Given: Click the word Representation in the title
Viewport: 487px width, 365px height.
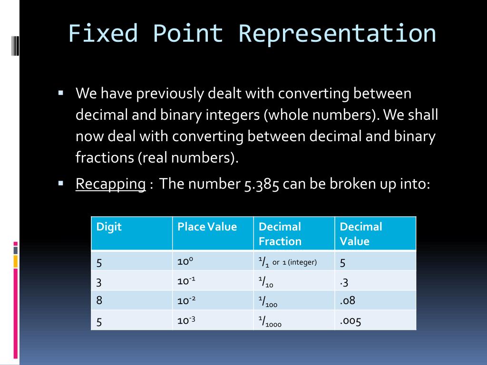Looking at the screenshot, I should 337,34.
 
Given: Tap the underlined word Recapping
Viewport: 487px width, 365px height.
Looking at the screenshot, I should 110,183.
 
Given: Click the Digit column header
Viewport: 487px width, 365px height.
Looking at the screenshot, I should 109,227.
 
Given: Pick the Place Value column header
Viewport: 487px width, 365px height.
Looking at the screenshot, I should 207,227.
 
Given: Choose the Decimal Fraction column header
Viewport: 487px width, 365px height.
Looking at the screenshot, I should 280,234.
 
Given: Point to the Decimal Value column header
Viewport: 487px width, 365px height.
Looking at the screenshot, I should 360,234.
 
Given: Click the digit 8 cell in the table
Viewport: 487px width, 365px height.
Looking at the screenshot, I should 99,300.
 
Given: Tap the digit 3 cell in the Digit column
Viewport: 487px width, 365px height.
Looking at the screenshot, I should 99,283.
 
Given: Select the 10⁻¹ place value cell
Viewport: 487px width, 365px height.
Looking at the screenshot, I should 186,281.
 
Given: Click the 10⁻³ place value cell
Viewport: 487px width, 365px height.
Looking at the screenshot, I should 186,320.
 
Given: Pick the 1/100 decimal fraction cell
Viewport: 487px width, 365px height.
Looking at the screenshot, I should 268,301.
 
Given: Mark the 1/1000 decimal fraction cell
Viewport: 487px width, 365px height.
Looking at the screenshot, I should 270,322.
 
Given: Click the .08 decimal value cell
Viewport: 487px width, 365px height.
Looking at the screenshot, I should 348,300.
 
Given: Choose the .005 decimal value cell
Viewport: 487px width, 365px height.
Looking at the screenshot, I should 351,321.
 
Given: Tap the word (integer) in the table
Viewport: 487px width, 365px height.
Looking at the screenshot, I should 302,262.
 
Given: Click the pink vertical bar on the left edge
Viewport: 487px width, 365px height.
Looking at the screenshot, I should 16,314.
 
